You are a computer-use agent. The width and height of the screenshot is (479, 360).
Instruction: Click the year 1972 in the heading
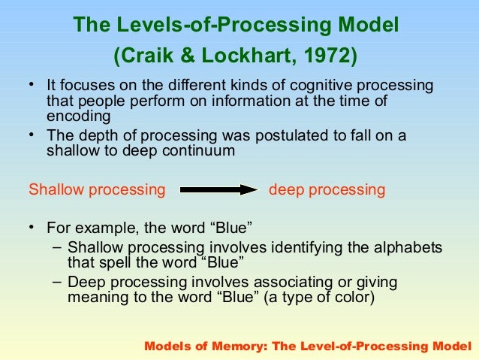click(x=329, y=56)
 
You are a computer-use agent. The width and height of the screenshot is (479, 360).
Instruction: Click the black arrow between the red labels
click(x=218, y=190)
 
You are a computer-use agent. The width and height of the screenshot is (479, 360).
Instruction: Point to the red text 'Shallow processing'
click(x=97, y=190)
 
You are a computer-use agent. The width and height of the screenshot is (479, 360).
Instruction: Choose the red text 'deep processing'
click(x=327, y=190)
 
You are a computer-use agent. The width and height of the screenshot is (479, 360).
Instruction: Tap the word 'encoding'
click(x=78, y=116)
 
